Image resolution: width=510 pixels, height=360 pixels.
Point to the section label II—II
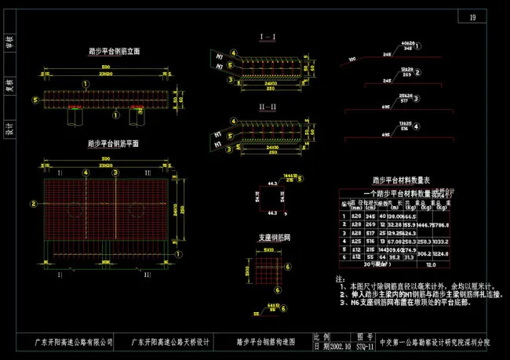(266, 107)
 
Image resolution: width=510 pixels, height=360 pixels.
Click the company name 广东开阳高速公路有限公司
(75, 343)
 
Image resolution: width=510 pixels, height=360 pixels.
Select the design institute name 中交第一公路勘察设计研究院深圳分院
(435, 343)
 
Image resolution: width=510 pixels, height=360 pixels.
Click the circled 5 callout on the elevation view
(35, 100)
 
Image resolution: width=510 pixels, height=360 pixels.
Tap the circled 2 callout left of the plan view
(32, 203)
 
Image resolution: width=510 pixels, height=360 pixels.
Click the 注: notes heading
(340, 278)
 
